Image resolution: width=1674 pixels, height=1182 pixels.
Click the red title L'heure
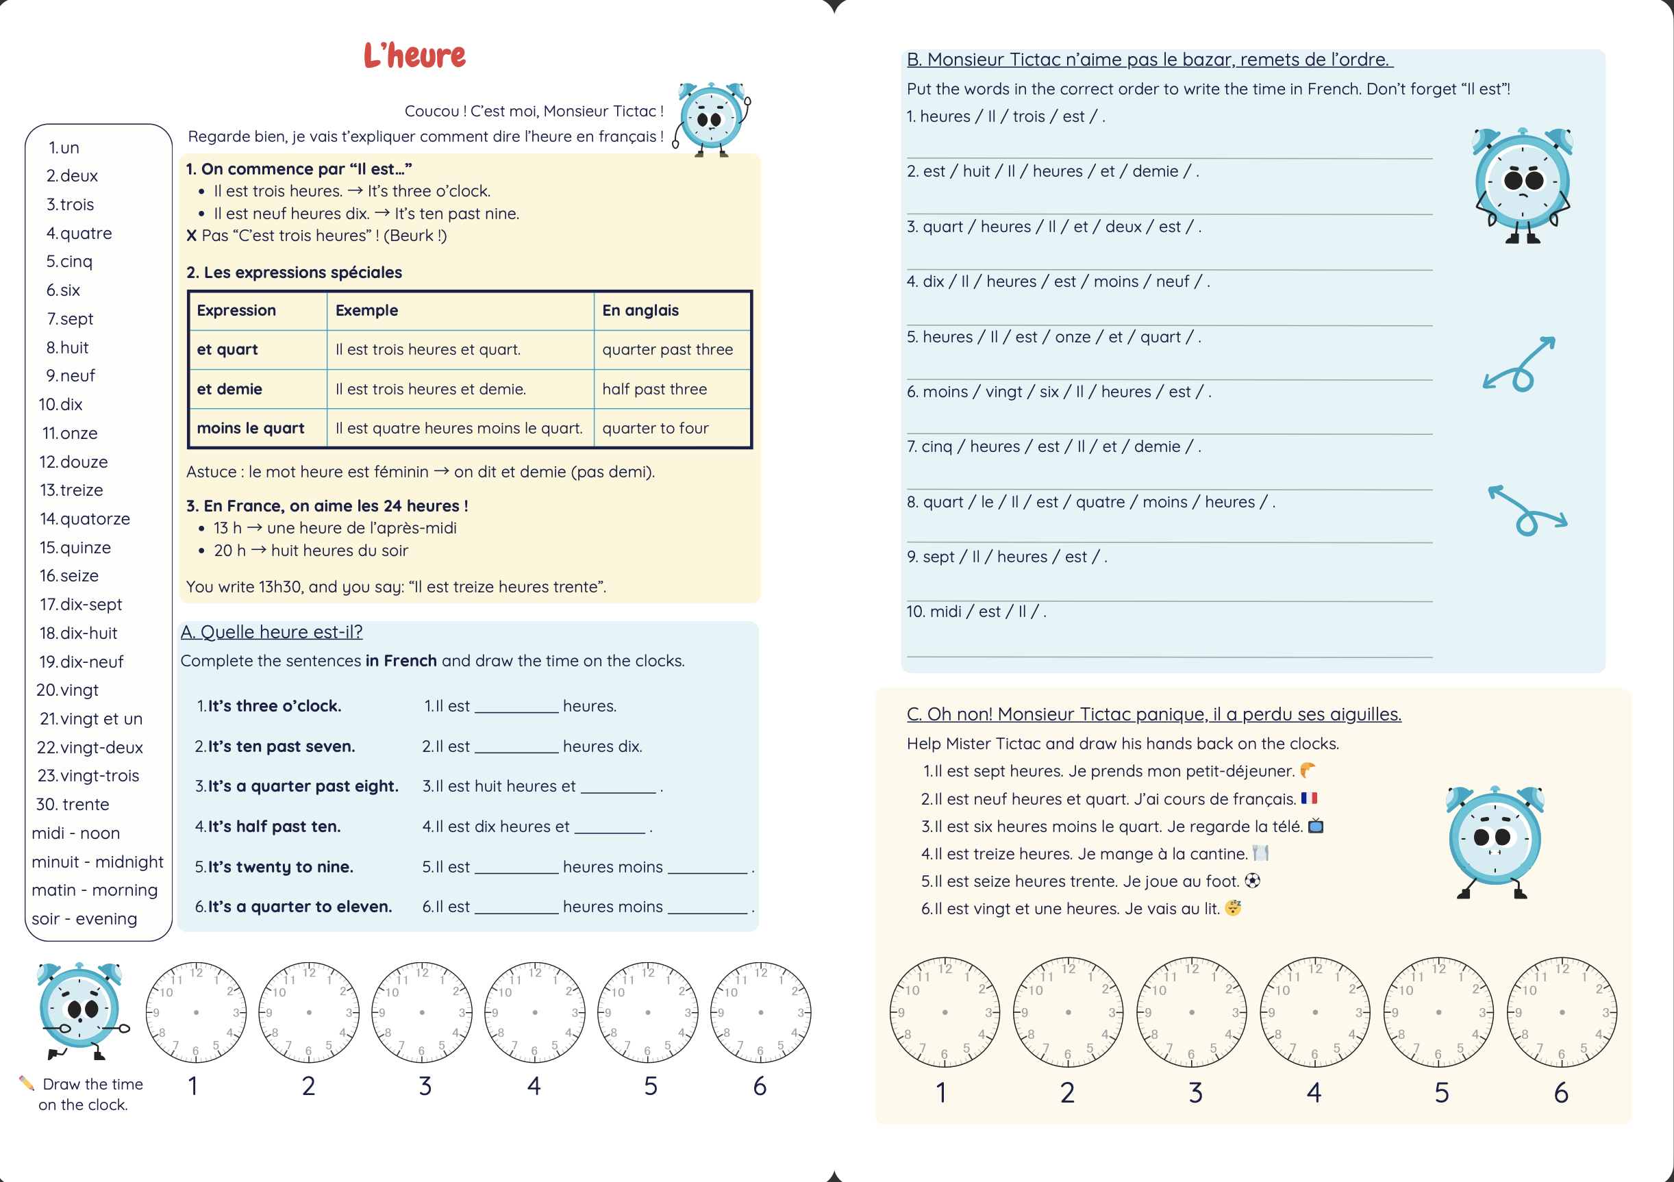(x=414, y=55)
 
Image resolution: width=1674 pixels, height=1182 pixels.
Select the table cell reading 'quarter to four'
(x=655, y=428)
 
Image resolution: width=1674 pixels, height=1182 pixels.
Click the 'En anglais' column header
(x=640, y=310)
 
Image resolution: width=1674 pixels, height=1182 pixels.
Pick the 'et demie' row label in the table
(x=229, y=389)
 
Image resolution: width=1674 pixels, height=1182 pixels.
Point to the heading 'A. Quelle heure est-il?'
(x=271, y=631)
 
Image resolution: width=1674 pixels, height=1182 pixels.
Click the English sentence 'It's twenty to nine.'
(x=280, y=866)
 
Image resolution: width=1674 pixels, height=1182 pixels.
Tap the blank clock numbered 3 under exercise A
(x=422, y=1012)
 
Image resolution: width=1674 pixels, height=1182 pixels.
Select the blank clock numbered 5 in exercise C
(x=1438, y=1012)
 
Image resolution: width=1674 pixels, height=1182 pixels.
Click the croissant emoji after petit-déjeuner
(x=1308, y=770)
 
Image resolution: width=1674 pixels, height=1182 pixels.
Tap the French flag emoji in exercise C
(x=1309, y=798)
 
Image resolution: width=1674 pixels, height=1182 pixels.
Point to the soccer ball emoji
(x=1252, y=880)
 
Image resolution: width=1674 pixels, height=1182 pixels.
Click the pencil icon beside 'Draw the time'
(x=26, y=1083)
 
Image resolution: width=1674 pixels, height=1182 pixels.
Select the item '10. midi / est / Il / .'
(x=975, y=611)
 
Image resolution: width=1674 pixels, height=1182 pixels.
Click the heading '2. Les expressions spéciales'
(x=294, y=272)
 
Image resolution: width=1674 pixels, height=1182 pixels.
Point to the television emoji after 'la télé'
(x=1315, y=825)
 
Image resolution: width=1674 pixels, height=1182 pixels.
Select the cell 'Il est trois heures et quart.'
(x=428, y=349)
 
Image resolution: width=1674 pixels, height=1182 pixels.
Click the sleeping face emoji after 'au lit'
(x=1233, y=908)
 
